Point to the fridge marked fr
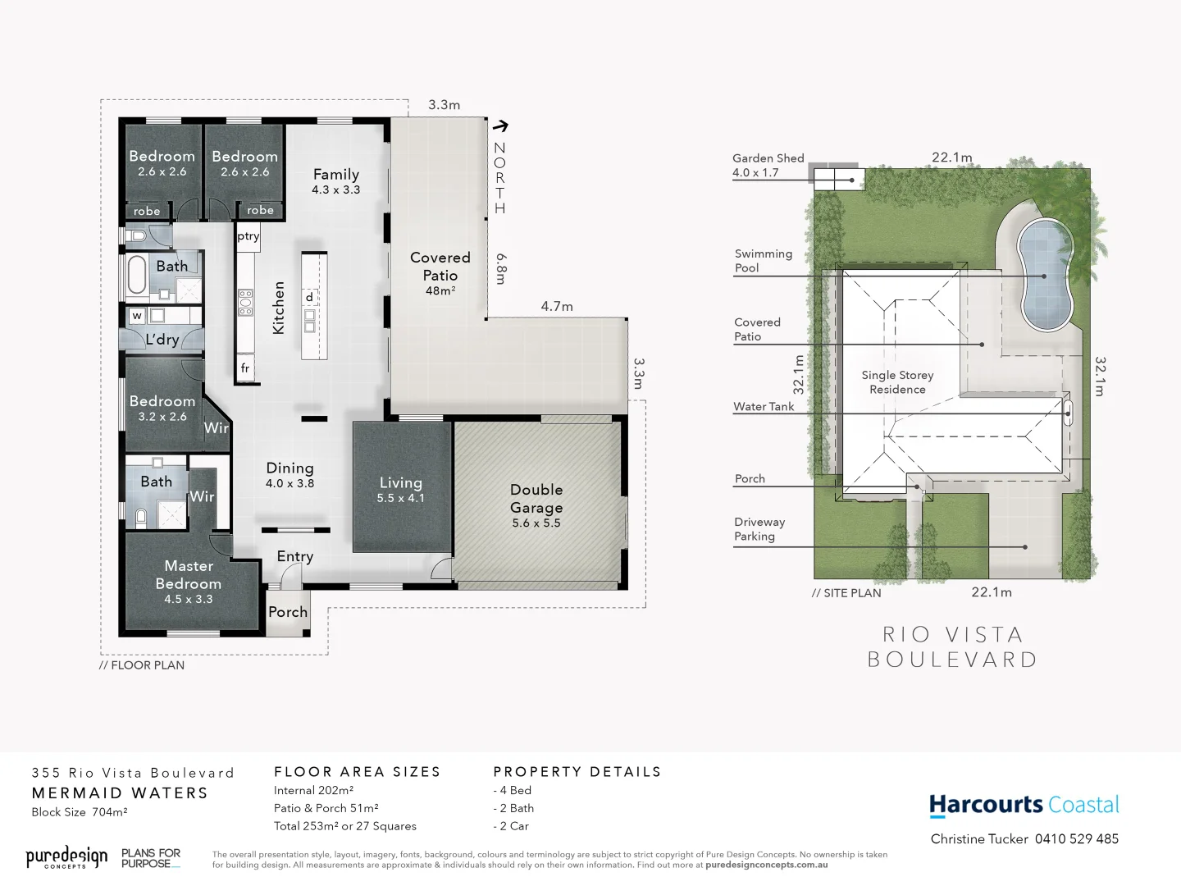(x=245, y=368)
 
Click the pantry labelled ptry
(x=248, y=236)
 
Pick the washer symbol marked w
(x=137, y=315)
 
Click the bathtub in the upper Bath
(x=136, y=276)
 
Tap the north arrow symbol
(x=499, y=126)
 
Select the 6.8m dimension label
(x=501, y=268)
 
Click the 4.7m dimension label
(x=557, y=306)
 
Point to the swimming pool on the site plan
(x=1045, y=274)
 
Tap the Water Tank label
(x=764, y=406)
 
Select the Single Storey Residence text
(x=897, y=381)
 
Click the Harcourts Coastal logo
(x=1024, y=805)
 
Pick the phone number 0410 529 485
(x=1076, y=838)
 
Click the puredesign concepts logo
(x=66, y=858)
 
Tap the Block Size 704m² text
(x=80, y=812)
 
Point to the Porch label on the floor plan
(x=288, y=612)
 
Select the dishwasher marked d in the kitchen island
(x=309, y=297)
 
